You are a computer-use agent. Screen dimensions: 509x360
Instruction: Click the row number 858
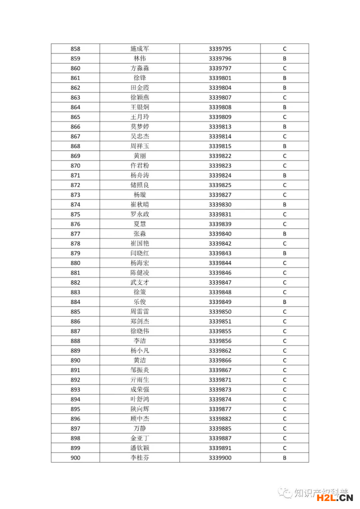tap(75, 49)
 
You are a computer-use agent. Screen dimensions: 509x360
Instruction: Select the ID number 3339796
tap(220, 58)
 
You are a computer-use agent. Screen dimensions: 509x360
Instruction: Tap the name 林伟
tap(139, 58)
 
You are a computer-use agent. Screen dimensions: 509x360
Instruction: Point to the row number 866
tap(75, 126)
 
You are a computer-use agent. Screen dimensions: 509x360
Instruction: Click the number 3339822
tap(220, 156)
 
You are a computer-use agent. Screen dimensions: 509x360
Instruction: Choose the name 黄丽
tap(139, 156)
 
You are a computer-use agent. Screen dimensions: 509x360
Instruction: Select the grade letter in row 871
tap(284, 175)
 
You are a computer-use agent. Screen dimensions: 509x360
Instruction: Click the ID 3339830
tap(220, 204)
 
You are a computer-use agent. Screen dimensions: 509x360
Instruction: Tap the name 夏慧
tap(139, 224)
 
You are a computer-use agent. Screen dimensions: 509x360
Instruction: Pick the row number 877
tap(75, 234)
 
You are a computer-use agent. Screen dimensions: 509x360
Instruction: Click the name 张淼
tap(139, 234)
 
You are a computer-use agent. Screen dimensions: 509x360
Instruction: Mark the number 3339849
tap(220, 302)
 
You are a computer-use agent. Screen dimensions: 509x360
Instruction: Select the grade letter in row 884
tap(284, 302)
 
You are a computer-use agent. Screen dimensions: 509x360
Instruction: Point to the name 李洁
tap(139, 341)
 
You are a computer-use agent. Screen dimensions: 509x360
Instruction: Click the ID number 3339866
tap(220, 360)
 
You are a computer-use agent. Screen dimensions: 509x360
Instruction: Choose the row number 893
tap(75, 389)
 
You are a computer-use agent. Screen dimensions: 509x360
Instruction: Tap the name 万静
tap(139, 428)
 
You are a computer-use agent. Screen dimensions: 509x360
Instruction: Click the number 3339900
tap(220, 458)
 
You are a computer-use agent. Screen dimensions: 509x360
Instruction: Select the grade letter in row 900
tap(284, 458)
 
